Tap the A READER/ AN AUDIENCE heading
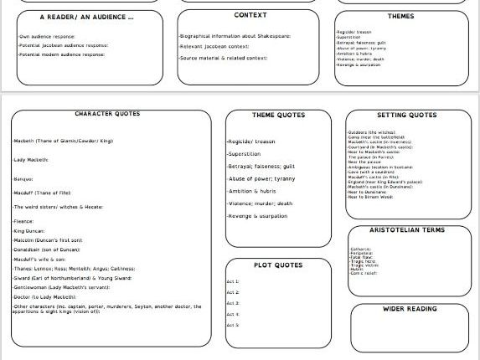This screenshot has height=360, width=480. point(86,17)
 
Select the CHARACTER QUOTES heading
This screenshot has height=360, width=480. point(107,114)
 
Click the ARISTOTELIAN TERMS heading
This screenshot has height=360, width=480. point(407,229)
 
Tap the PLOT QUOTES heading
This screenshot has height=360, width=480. point(279,265)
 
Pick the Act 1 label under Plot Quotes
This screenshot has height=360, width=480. point(233,282)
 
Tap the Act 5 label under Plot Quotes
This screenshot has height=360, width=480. point(233,324)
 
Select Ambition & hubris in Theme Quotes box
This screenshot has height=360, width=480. point(254,191)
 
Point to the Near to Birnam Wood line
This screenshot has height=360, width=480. point(369,198)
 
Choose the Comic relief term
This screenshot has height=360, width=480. point(364,275)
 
